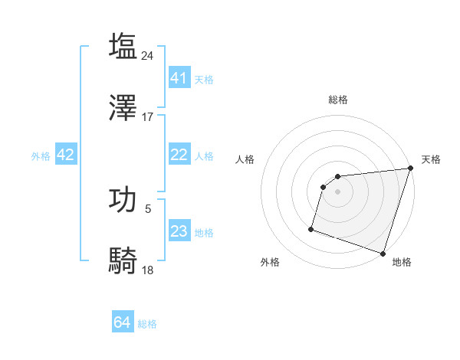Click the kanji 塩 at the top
(x=123, y=46)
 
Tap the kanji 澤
(x=123, y=108)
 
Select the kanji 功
(x=123, y=199)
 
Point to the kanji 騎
(x=123, y=261)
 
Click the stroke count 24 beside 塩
(x=148, y=55)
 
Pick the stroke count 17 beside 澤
(x=148, y=117)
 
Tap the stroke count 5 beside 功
(x=148, y=208)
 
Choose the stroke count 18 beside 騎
(x=148, y=270)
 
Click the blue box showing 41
(x=179, y=78)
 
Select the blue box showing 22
(x=179, y=155)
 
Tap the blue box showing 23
(x=179, y=231)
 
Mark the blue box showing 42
(x=66, y=155)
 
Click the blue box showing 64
(x=123, y=322)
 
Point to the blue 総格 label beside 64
(x=148, y=324)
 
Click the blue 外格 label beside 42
(x=41, y=156)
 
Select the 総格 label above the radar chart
(x=338, y=100)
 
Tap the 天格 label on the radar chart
(x=431, y=159)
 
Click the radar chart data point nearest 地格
(x=383, y=253)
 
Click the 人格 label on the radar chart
(x=245, y=159)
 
